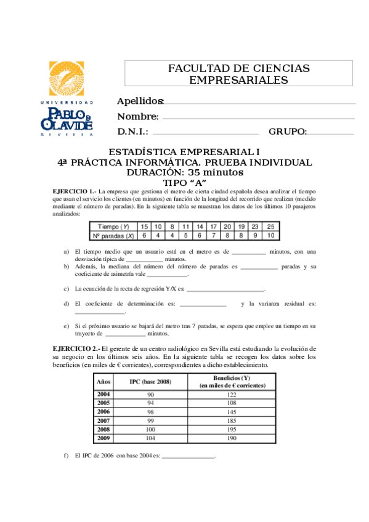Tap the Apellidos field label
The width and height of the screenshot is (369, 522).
click(x=140, y=102)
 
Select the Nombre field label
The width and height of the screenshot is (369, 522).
click(x=138, y=117)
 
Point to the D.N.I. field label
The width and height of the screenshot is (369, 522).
click(x=132, y=132)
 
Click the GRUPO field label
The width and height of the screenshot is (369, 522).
click(x=288, y=132)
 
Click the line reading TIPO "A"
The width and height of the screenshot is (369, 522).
click(x=184, y=183)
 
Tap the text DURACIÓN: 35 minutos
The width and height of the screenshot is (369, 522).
click(x=184, y=172)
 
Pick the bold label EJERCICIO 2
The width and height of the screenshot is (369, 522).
click(x=74, y=348)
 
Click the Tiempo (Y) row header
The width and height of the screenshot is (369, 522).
click(x=113, y=227)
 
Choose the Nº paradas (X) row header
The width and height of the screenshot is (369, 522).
click(x=113, y=235)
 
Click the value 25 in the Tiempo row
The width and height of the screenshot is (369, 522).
click(x=270, y=227)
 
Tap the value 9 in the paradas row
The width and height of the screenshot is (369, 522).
click(x=256, y=235)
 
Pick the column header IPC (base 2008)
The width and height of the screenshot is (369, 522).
click(x=150, y=382)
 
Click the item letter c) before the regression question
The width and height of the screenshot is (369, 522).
click(x=67, y=288)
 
